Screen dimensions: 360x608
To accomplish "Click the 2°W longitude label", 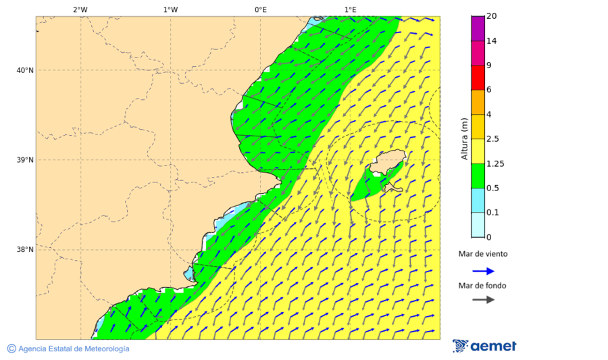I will [80, 9].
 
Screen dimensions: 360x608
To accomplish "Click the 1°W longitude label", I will [170, 9].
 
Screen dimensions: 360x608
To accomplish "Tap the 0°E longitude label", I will [260, 9].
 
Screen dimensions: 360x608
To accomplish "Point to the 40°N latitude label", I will [24, 70].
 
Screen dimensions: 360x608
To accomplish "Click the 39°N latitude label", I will [24, 160].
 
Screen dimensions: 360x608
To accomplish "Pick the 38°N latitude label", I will [24, 250].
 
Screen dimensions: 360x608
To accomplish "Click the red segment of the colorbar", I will [478, 78].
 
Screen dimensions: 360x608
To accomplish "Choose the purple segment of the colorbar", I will [478, 28].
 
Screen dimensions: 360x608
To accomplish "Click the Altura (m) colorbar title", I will [464, 138].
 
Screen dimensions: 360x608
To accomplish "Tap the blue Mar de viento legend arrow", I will [483, 271].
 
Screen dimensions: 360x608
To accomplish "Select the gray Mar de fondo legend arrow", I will [483, 300].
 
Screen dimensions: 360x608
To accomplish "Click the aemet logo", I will [484, 346].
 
